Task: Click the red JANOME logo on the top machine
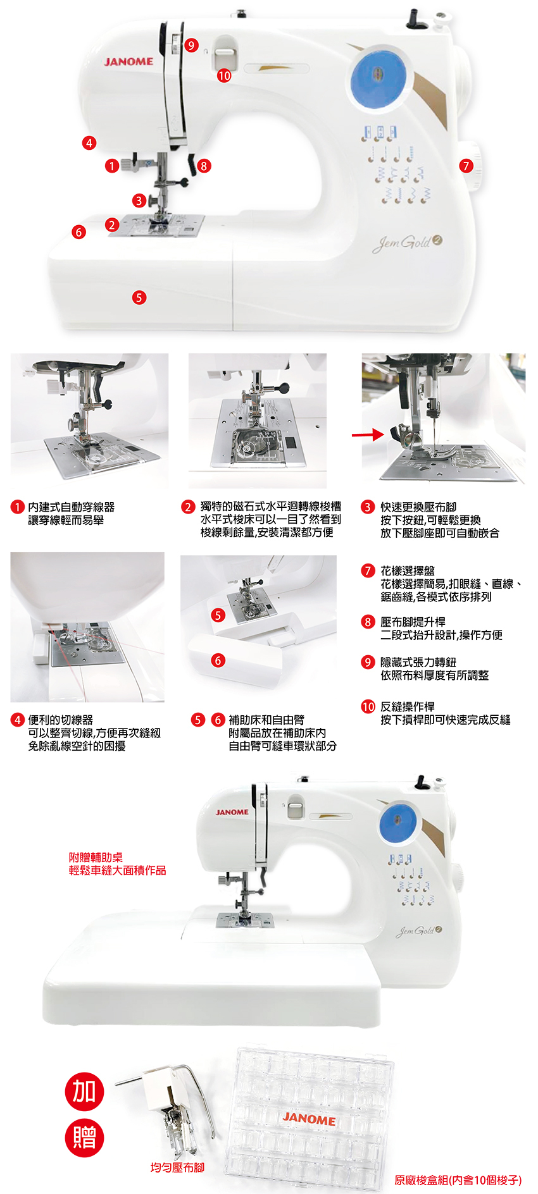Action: (128, 62)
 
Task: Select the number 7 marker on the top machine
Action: (466, 166)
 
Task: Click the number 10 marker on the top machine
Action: (224, 76)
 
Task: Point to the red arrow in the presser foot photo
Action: (368, 434)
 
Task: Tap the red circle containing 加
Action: (84, 1091)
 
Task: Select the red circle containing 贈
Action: (84, 1138)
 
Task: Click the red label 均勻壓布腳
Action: (177, 1167)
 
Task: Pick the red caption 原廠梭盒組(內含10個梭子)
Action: (458, 1180)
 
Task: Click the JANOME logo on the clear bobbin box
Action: (309, 1119)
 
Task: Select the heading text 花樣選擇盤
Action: (408, 571)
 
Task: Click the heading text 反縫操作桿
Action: (408, 707)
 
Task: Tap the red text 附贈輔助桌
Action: (96, 858)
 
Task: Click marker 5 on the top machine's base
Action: (139, 297)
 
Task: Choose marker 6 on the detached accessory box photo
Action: (218, 660)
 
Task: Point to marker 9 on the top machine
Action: (191, 46)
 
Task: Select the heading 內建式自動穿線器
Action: (72, 507)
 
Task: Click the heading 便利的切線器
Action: (61, 720)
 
